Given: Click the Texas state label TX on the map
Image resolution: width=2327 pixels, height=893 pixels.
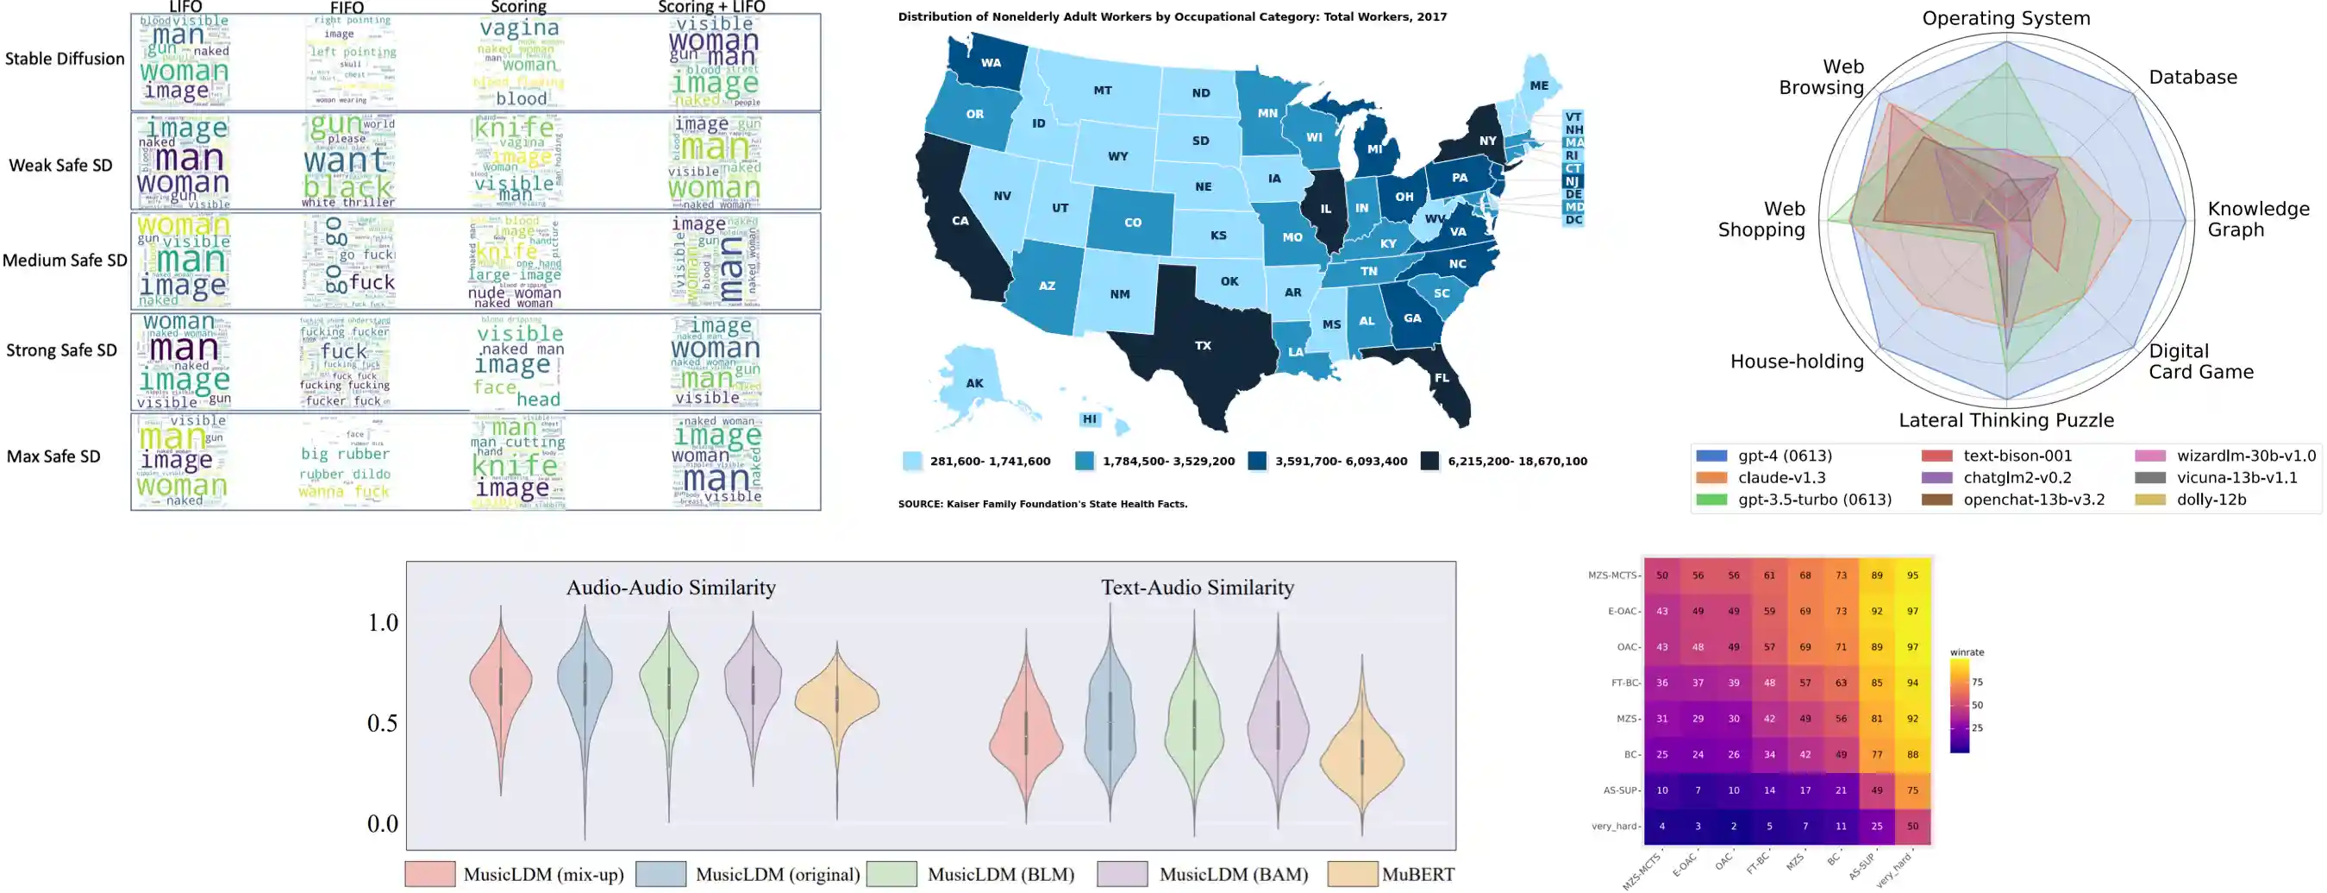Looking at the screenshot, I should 1203,345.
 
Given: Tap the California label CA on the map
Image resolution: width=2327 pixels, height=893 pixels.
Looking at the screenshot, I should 960,221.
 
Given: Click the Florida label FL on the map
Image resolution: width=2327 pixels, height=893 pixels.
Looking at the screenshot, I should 1441,378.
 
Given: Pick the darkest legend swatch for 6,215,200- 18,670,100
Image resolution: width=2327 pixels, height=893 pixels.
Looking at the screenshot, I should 1429,461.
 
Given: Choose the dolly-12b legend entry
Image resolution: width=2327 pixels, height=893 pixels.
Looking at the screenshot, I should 2211,499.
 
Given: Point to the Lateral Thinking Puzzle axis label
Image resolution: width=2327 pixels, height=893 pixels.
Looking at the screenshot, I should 2005,420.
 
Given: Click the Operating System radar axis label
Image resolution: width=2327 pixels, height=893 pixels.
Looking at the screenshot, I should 2005,18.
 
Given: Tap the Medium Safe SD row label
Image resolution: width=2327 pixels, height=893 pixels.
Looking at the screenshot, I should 64,261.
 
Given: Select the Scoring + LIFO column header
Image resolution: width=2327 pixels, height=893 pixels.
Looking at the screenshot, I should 711,7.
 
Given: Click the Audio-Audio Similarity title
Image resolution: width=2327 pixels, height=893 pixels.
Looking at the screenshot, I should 670,588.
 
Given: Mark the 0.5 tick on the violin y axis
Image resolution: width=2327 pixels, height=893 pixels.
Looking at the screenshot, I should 382,723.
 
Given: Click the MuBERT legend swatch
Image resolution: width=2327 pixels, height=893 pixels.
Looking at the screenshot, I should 1352,874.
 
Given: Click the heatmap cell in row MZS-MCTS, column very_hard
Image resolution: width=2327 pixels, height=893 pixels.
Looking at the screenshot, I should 1912,575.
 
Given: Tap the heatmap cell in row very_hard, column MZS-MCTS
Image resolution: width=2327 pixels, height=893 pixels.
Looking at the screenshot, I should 1661,826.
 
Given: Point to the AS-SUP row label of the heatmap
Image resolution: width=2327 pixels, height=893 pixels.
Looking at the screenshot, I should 1622,790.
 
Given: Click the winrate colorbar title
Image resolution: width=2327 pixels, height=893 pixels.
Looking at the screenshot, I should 1967,651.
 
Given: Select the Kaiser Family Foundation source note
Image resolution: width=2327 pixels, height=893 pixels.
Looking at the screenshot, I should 1042,505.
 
